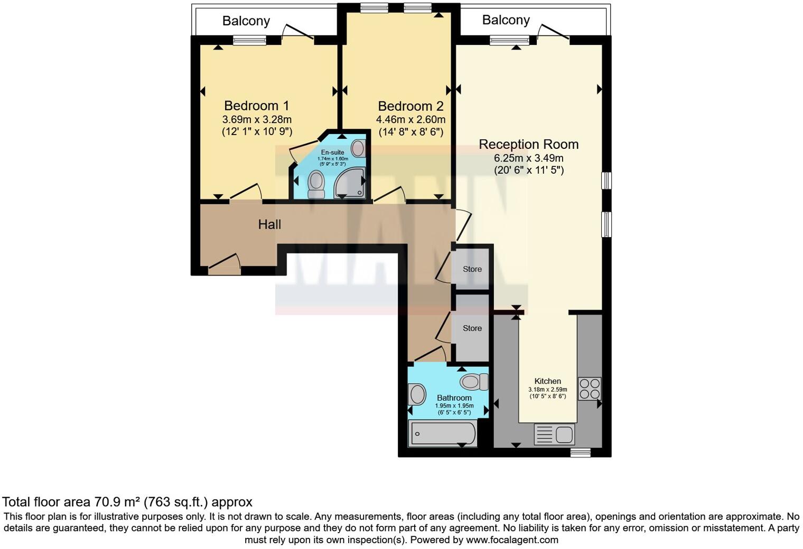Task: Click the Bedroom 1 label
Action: pos(256,106)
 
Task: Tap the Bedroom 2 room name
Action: pos(410,106)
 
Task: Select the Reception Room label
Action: pos(528,144)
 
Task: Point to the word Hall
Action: pos(269,225)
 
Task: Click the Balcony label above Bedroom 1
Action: pos(246,21)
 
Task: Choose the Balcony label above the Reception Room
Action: pos(506,20)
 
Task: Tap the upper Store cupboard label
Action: pos(472,269)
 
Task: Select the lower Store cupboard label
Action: pos(472,328)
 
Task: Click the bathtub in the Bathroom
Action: pos(443,433)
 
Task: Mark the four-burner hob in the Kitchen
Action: pos(589,389)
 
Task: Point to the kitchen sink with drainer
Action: pos(555,435)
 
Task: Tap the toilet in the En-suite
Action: pos(316,184)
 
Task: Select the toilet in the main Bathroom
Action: pos(474,381)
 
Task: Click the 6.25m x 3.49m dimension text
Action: pos(528,158)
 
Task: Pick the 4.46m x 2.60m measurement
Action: pos(410,120)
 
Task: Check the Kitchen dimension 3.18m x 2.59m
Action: pos(547,390)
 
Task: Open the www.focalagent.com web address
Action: pos(512,540)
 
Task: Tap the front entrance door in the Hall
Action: pos(224,262)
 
